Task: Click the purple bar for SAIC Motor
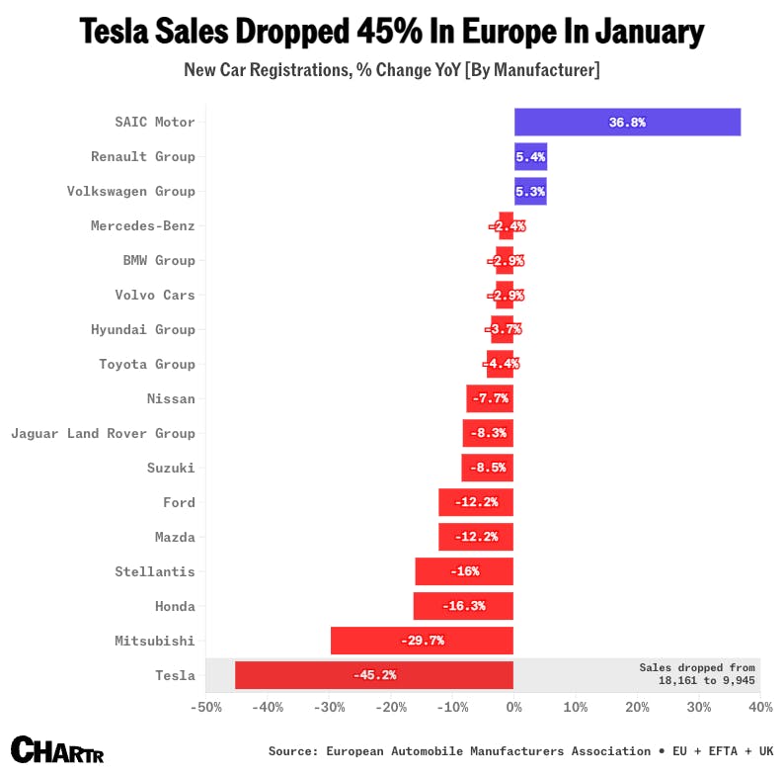coord(627,123)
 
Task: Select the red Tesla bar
coord(373,675)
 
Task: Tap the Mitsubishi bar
coord(422,641)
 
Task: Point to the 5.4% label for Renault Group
coord(530,157)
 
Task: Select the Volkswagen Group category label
coord(130,192)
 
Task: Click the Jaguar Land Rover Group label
coord(103,433)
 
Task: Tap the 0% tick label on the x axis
coord(513,708)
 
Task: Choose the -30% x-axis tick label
coord(329,708)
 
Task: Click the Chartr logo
coord(56,749)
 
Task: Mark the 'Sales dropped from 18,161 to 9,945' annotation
coord(697,674)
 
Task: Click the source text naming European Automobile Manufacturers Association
coord(459,751)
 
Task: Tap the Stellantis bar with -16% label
coord(464,571)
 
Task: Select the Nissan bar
coord(490,398)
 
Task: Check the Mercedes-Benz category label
coord(143,226)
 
